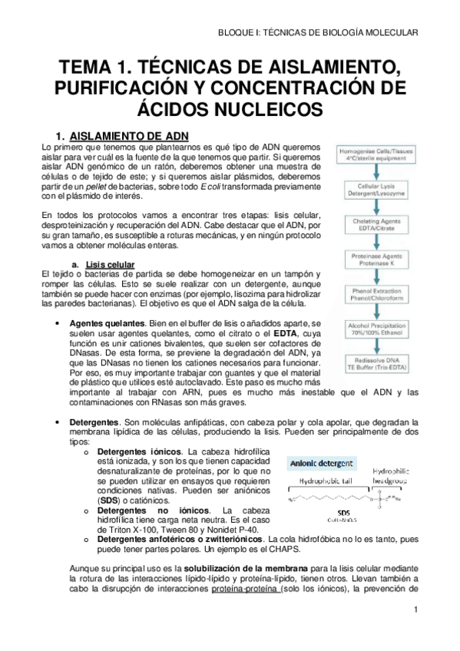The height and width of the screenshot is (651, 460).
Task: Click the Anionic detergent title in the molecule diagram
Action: [322, 464]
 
